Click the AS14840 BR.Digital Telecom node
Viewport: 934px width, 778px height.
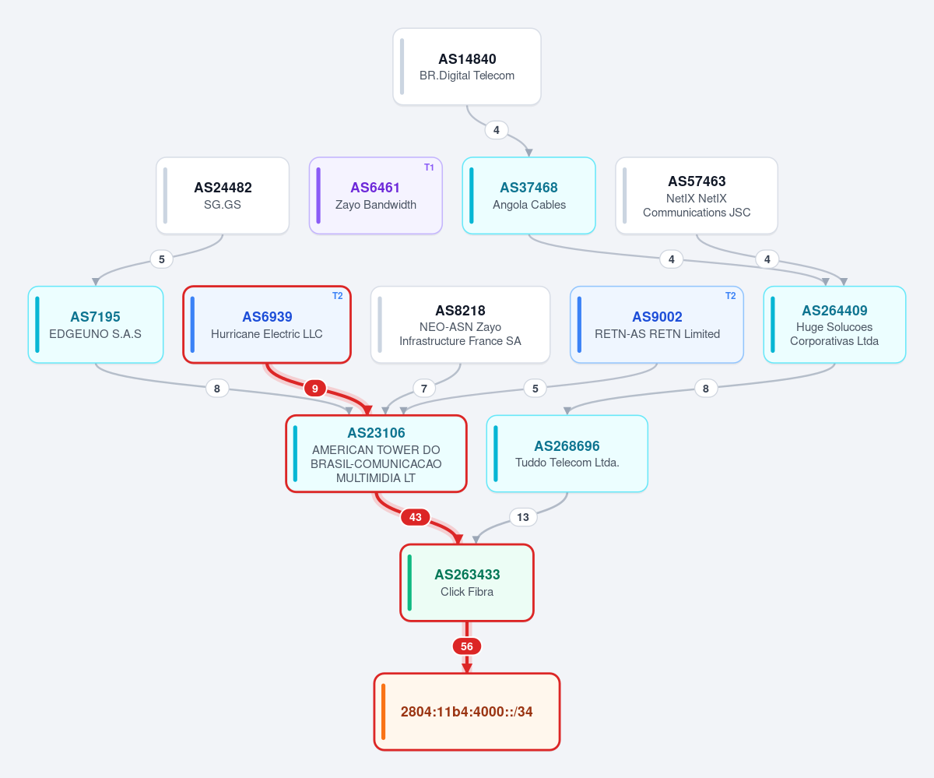pyautogui.click(x=466, y=67)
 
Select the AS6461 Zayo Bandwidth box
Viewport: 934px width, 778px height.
pyautogui.click(x=376, y=195)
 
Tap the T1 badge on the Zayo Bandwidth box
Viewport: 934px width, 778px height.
pyautogui.click(x=429, y=167)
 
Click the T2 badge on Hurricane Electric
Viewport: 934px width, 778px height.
pyautogui.click(x=338, y=296)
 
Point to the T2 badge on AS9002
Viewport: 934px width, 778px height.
pyautogui.click(x=731, y=296)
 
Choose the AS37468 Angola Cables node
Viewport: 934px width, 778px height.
pyautogui.click(x=528, y=195)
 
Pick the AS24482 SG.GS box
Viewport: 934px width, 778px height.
pyautogui.click(x=223, y=195)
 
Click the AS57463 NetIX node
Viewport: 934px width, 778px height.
pyautogui.click(x=697, y=195)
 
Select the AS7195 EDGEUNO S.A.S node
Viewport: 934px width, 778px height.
pyautogui.click(x=96, y=325)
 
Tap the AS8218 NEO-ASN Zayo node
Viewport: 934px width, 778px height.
pyautogui.click(x=460, y=325)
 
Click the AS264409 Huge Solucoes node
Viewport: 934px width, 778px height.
pyautogui.click(x=834, y=325)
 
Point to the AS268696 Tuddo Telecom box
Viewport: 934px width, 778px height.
pyautogui.click(x=567, y=453)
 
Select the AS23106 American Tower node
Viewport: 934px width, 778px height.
pyautogui.click(x=376, y=453)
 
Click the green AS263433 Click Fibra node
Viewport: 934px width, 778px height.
pyautogui.click(x=467, y=583)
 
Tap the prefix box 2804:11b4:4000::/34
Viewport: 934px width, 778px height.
pyautogui.click(x=467, y=712)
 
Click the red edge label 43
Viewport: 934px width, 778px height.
pyautogui.click(x=415, y=517)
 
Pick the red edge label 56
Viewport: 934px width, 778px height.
pyautogui.click(x=467, y=646)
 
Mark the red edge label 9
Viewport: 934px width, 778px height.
pyautogui.click(x=315, y=388)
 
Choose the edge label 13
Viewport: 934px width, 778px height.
pyautogui.click(x=523, y=517)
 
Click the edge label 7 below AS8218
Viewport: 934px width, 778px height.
pyautogui.click(x=424, y=388)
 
